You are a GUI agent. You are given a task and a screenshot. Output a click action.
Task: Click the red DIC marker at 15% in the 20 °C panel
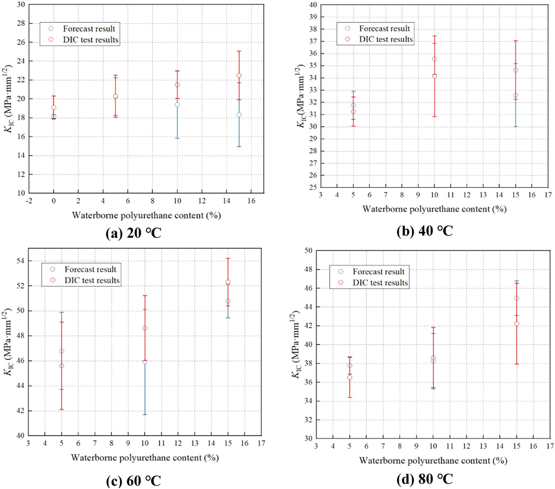pos(239,75)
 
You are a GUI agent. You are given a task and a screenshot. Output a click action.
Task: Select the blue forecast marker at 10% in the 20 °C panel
pos(177,105)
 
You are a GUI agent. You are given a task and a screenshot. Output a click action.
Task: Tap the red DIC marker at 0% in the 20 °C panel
pos(54,107)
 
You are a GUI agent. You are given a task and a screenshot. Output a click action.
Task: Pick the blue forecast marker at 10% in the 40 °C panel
pos(435,59)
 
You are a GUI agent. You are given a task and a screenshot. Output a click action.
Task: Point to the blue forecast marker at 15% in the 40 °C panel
pos(516,95)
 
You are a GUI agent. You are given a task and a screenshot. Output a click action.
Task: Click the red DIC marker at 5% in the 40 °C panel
pos(353,112)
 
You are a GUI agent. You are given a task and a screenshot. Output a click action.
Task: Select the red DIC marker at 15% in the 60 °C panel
pos(228,282)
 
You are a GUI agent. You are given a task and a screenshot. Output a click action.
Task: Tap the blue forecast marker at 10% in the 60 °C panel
pos(145,362)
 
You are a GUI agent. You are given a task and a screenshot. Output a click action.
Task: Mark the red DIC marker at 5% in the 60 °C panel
pos(62,366)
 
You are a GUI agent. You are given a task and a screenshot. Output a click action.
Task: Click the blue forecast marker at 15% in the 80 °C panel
pos(517,298)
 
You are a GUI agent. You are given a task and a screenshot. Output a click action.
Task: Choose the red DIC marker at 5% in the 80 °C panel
pos(350,377)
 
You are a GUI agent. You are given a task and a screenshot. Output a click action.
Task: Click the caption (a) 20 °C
pos(133,233)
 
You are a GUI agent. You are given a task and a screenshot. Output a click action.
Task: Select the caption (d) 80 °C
pos(425,479)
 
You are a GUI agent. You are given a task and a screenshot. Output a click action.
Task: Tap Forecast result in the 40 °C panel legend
pos(384,29)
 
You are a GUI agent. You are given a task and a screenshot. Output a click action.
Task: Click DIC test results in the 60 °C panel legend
pos(92,280)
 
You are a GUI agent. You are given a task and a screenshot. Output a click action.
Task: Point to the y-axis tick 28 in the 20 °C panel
pos(21,24)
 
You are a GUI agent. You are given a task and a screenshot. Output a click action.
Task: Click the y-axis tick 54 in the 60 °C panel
pos(21,261)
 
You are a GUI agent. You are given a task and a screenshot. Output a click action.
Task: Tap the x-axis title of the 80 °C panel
pos(433,461)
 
